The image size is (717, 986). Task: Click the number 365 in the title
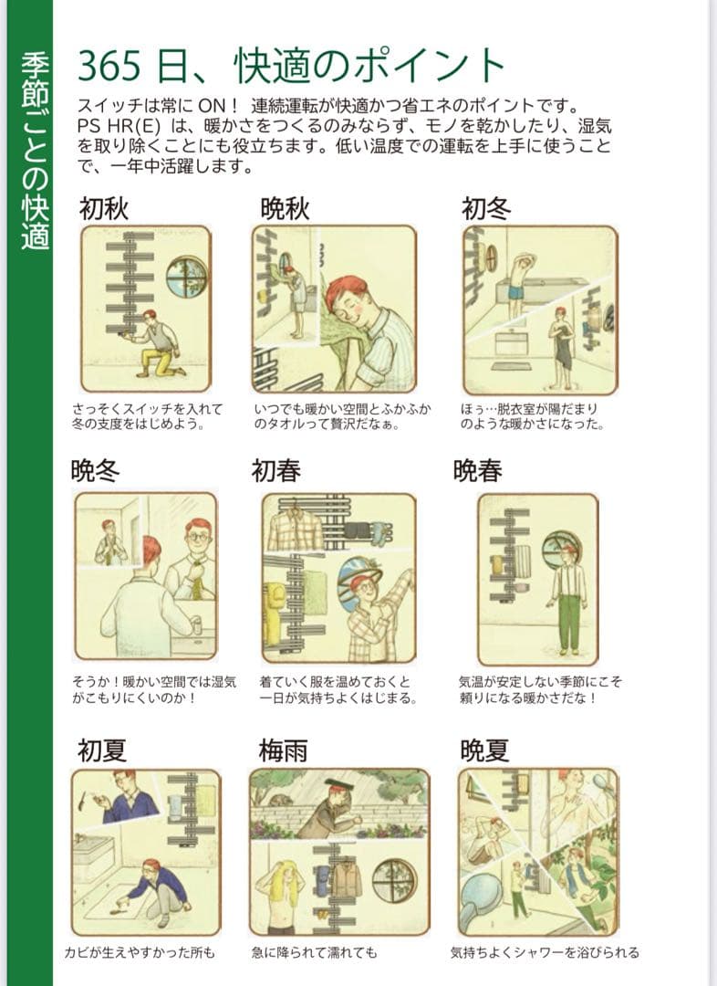[x=109, y=66]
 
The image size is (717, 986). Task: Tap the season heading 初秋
[x=104, y=209]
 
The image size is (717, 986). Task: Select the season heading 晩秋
[x=286, y=209]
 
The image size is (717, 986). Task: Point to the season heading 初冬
[x=486, y=209]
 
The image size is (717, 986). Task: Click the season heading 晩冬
[x=95, y=470]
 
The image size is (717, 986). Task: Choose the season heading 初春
[x=275, y=470]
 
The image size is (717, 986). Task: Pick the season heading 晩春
[x=478, y=470]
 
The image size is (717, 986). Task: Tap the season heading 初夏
[x=102, y=750]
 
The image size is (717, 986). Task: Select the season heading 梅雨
[x=284, y=750]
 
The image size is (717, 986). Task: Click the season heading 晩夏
[x=484, y=750]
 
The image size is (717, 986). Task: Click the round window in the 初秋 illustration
[x=187, y=276]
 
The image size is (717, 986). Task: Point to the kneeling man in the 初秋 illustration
[x=154, y=343]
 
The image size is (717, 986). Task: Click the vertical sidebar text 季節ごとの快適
[x=35, y=151]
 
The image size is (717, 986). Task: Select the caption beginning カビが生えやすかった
[x=140, y=952]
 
